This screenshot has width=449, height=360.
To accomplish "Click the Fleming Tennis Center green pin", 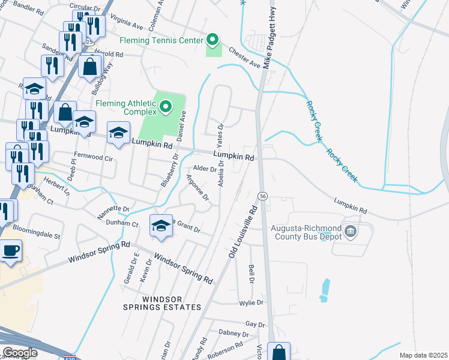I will (212, 41).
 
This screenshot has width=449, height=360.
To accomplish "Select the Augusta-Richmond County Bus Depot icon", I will (351, 230).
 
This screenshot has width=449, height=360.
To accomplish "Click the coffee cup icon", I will (11, 250).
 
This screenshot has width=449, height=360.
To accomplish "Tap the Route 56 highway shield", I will (262, 196).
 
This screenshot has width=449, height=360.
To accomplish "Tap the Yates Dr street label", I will (220, 136).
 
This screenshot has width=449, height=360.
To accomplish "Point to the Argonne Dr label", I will (197, 187).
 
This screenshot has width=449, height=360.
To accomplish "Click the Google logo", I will (20, 353).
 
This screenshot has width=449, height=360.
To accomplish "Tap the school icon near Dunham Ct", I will (161, 226).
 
